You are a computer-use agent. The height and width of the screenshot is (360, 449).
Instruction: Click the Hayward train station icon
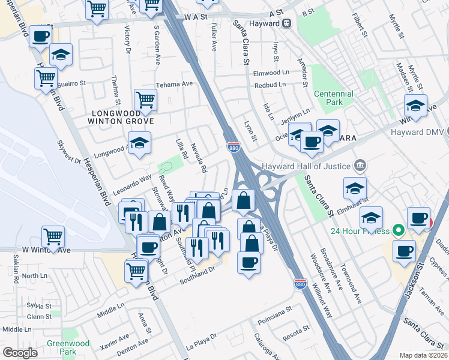click(x=287, y=23)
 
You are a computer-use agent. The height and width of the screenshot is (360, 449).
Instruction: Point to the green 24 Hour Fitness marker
click(x=397, y=229)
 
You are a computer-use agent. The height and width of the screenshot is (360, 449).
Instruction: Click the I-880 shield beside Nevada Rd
click(x=234, y=146)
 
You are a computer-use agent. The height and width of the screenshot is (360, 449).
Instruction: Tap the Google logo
click(x=20, y=352)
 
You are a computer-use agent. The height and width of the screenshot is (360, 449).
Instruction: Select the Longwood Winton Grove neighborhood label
click(x=122, y=117)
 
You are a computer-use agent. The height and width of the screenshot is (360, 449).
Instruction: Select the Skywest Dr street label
click(x=68, y=152)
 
